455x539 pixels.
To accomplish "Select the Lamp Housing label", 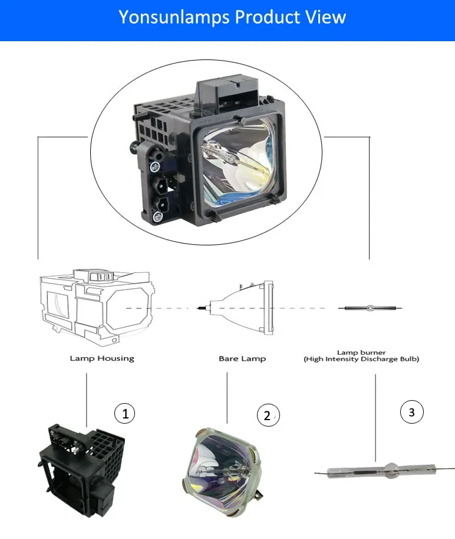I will click(102, 358).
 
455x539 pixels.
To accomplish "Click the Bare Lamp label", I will click(242, 358).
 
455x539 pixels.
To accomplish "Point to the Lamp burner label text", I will click(361, 351).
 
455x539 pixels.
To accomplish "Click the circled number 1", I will click(124, 414).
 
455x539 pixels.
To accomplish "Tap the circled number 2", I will click(268, 416).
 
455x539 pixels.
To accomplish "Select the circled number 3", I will click(411, 412).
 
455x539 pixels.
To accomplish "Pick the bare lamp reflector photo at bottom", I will click(227, 470).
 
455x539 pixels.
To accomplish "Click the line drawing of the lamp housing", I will click(98, 305).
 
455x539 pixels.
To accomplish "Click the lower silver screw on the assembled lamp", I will click(157, 218).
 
